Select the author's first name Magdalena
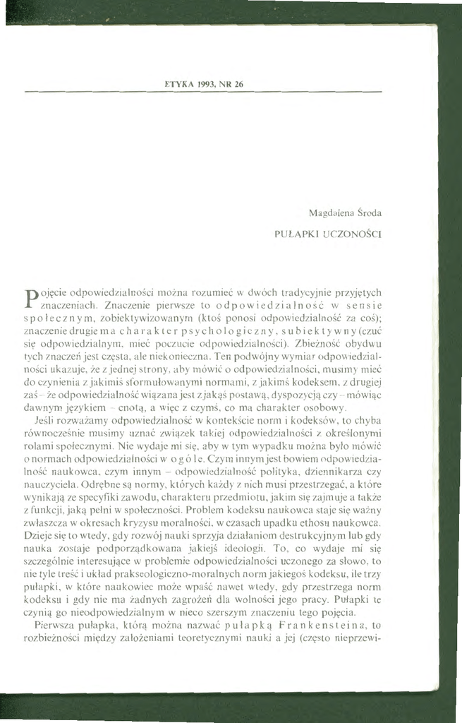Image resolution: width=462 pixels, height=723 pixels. (x=329, y=212)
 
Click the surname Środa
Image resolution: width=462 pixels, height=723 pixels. (x=367, y=212)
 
